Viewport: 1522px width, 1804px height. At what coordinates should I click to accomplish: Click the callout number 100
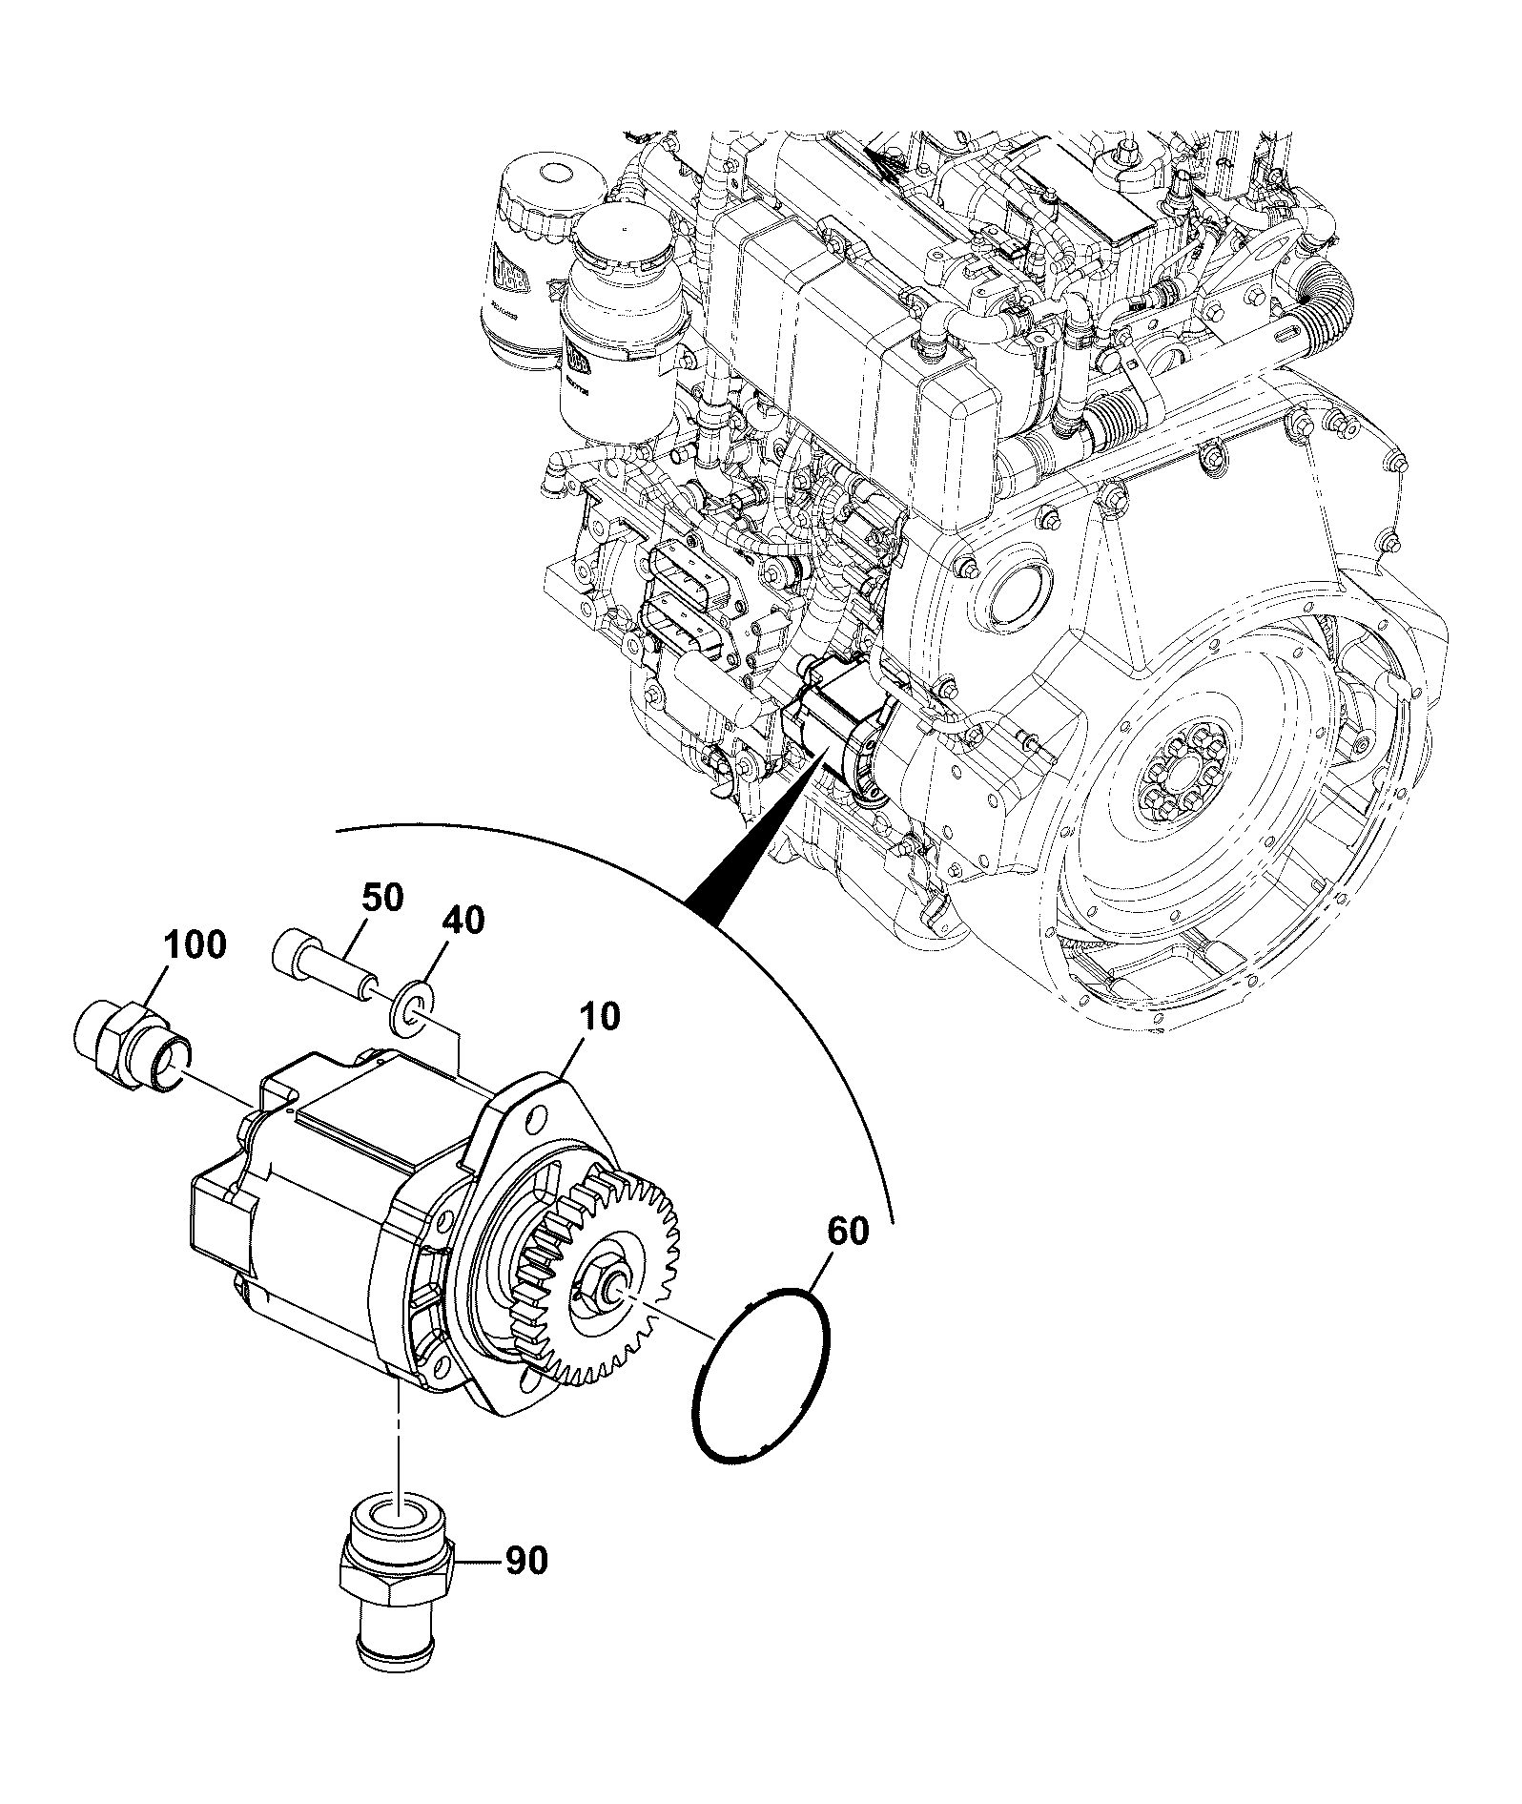click(195, 945)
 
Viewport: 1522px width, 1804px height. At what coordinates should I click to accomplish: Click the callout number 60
click(847, 1232)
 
